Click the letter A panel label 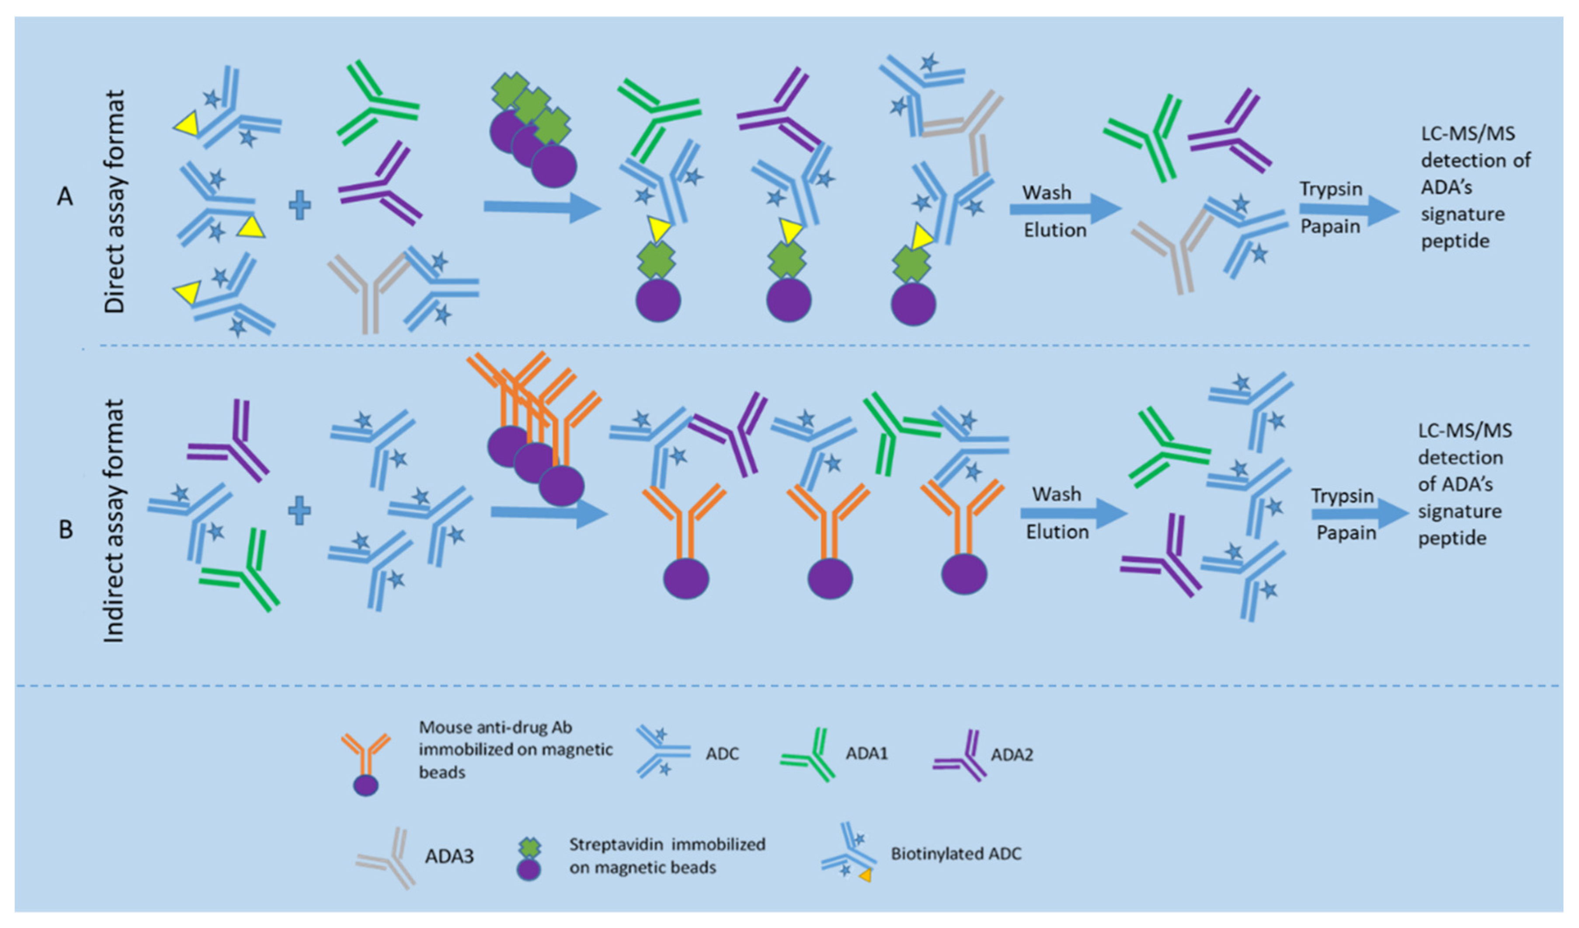click(x=65, y=197)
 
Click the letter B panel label click(x=65, y=530)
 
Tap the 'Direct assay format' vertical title click(x=115, y=201)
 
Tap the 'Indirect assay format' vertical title click(x=113, y=520)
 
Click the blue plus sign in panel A click(x=299, y=206)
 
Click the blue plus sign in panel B click(x=299, y=511)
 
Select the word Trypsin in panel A click(x=1331, y=189)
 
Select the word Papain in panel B click(x=1346, y=533)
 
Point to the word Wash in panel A click(x=1047, y=193)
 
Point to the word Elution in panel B click(x=1057, y=532)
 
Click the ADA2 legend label click(x=1011, y=754)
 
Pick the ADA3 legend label click(x=449, y=856)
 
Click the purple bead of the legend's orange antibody click(x=366, y=785)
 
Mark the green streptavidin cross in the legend click(x=529, y=848)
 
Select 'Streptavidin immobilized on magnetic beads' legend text click(x=667, y=856)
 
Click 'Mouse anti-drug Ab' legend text click(x=495, y=727)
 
